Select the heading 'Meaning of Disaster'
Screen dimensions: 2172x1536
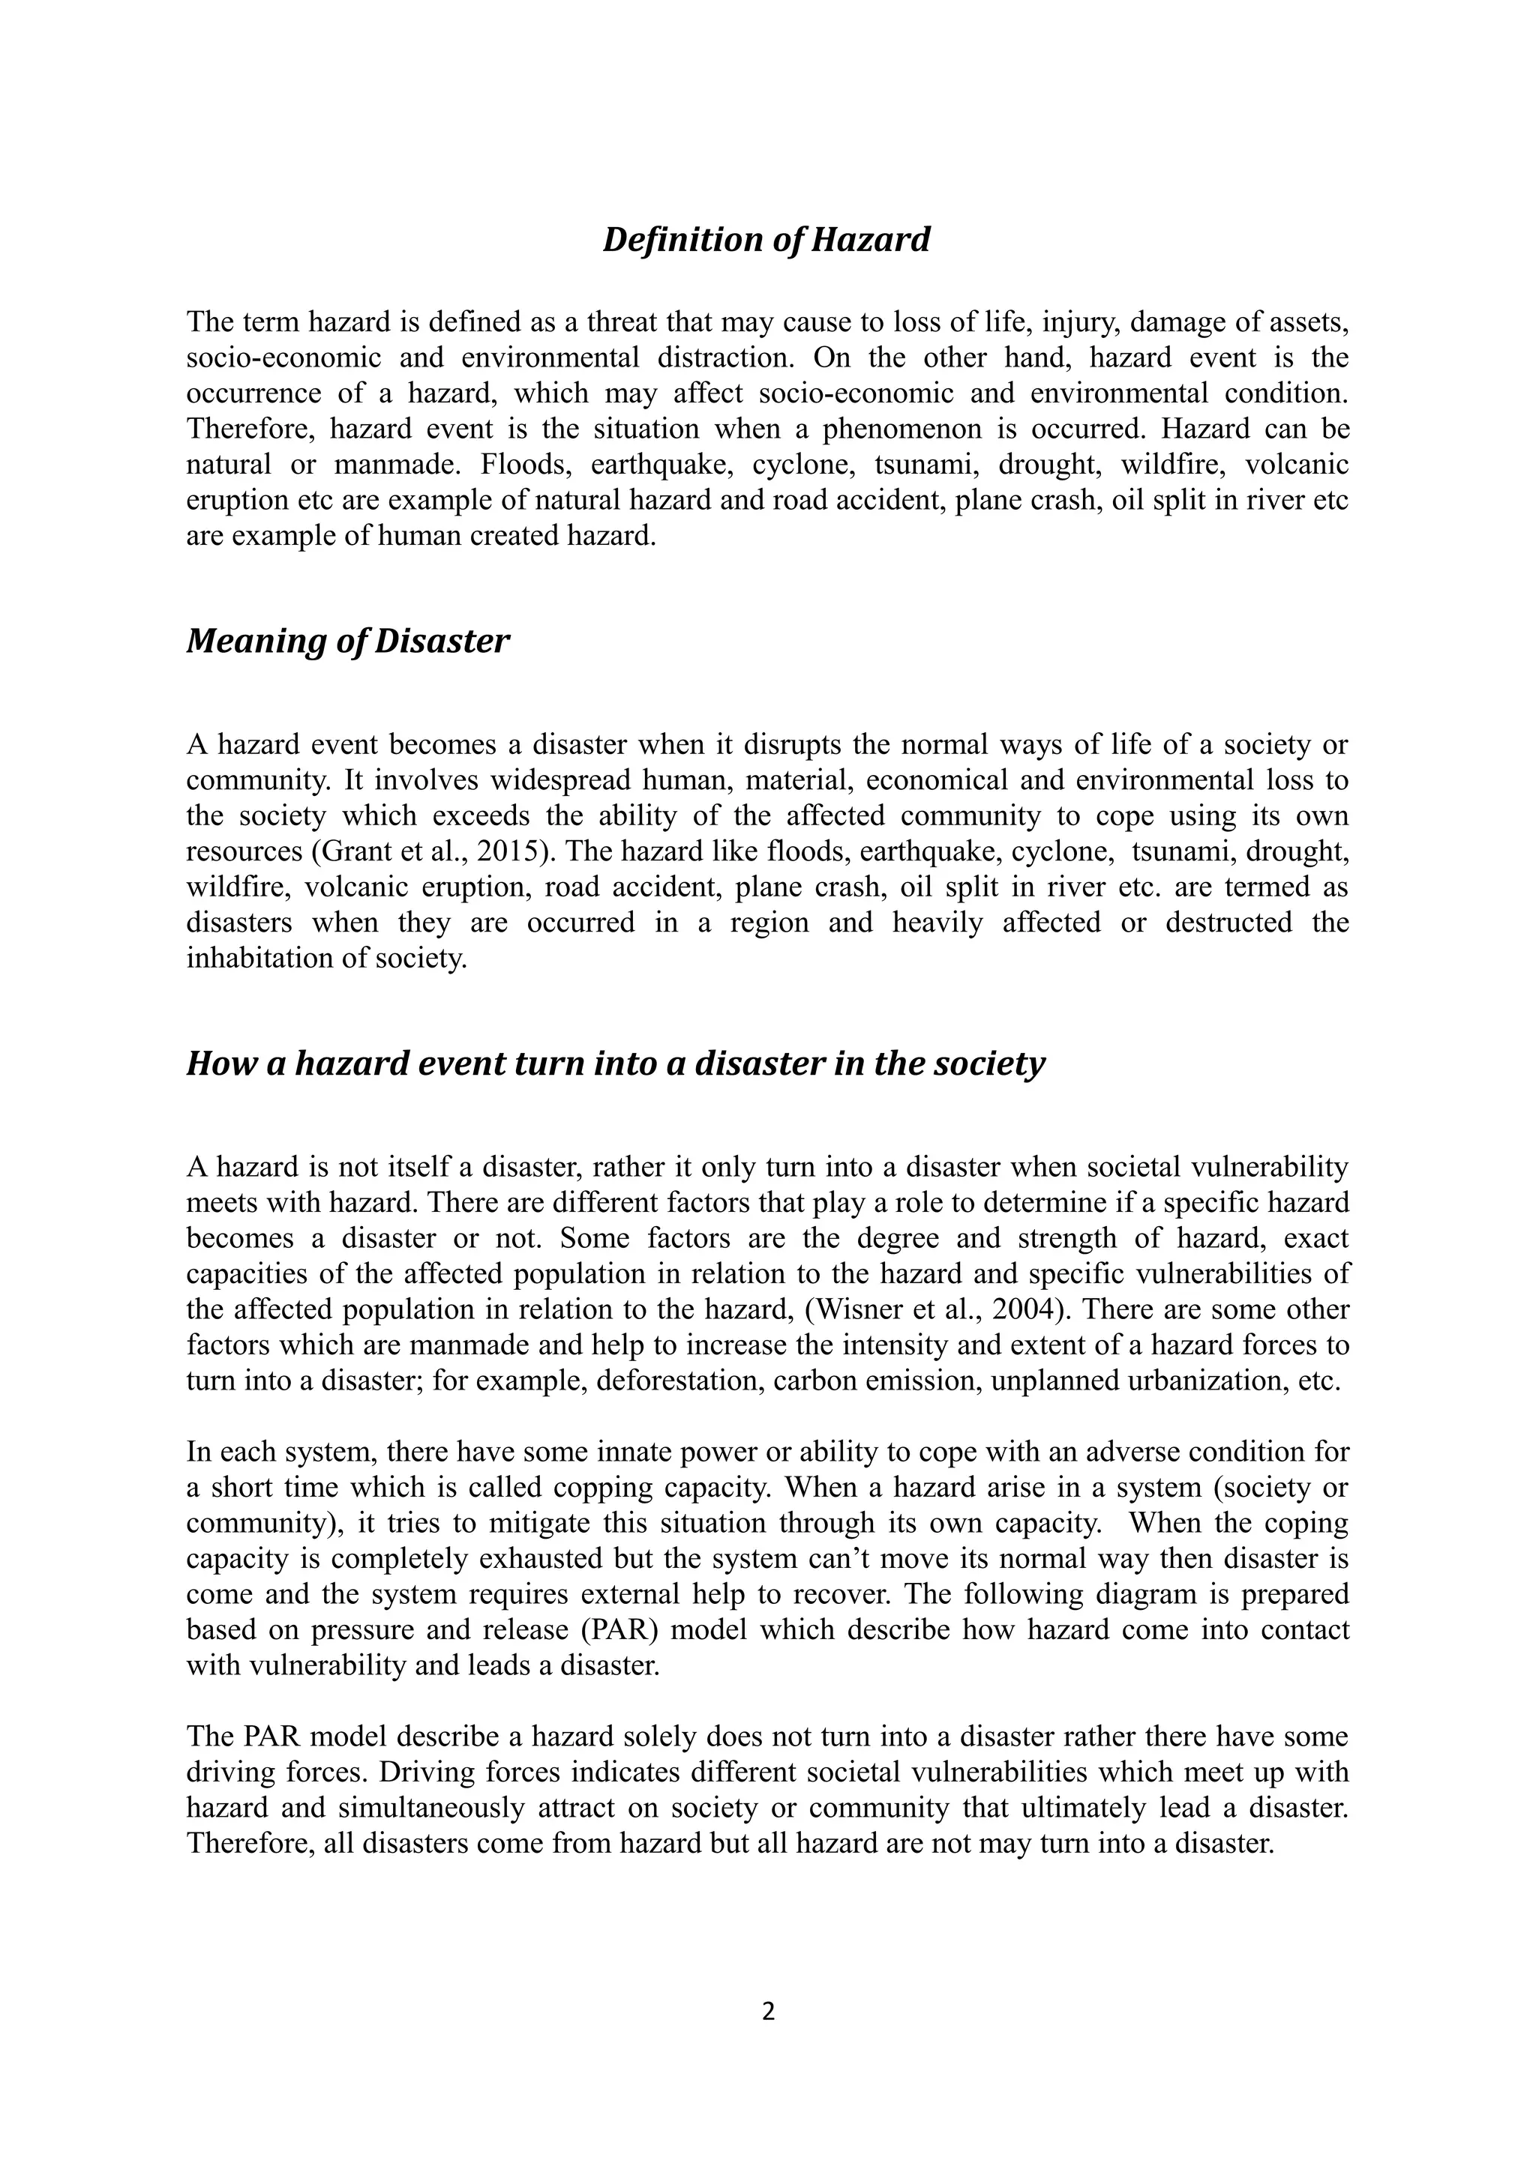click(x=347, y=641)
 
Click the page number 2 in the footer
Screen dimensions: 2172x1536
click(x=767, y=2011)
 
